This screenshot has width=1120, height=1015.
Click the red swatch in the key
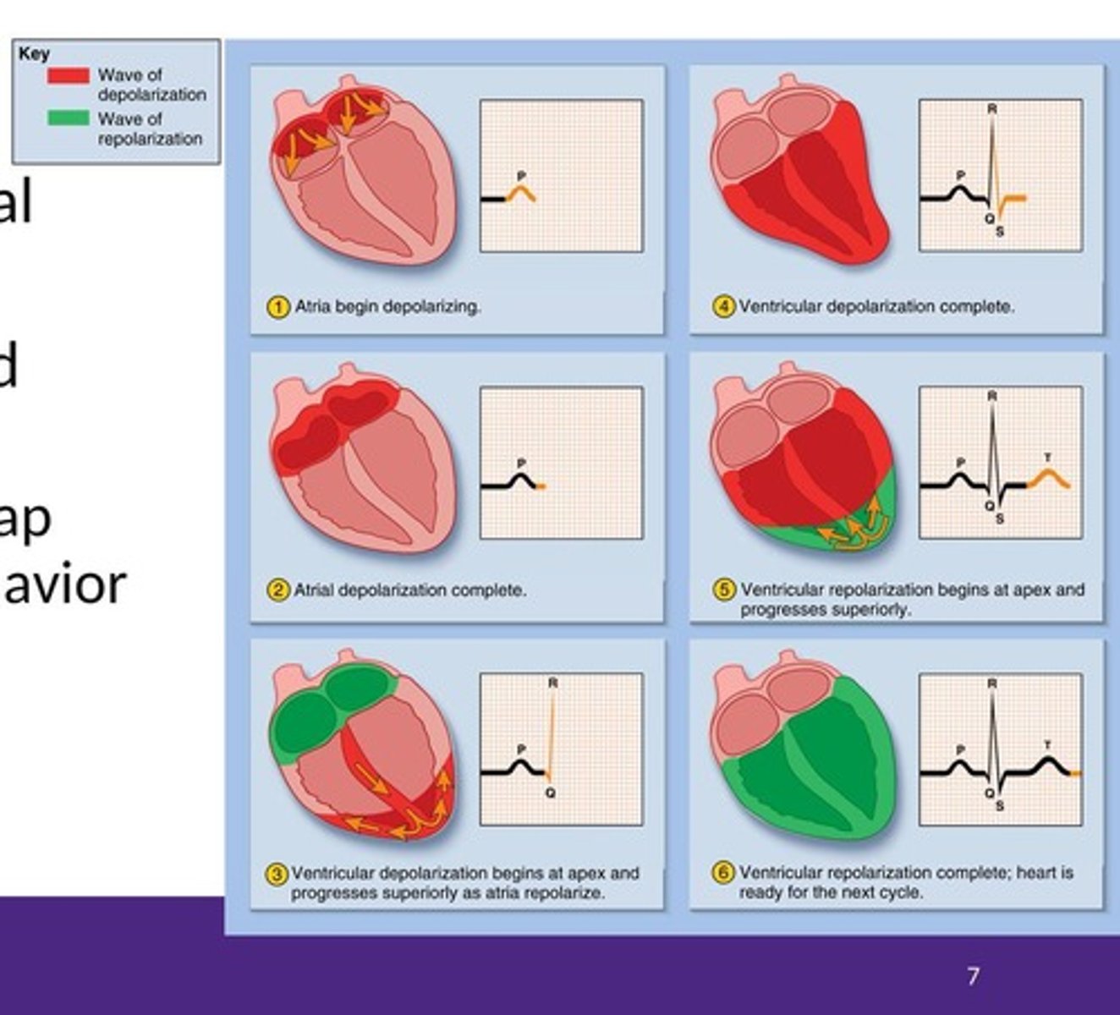pos(68,76)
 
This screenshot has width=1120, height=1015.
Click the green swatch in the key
pos(68,118)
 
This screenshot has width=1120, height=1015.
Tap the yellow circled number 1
pos(277,307)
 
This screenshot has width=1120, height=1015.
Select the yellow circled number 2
pos(277,590)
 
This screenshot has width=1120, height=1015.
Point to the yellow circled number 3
pos(277,874)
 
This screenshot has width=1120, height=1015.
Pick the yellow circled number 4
pos(723,307)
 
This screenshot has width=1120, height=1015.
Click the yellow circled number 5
pos(723,590)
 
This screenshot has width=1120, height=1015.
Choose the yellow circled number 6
pos(723,873)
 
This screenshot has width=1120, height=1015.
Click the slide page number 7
pos(973,976)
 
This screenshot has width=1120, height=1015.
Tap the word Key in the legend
pos(34,54)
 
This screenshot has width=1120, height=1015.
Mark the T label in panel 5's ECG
pos(1047,458)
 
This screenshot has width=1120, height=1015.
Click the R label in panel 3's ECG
pos(552,683)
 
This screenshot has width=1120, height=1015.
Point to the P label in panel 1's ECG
pos(521,176)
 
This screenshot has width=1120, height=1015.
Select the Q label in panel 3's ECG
pos(551,793)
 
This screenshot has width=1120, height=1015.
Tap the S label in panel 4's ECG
pos(999,232)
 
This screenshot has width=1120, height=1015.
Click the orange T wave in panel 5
pos(1049,477)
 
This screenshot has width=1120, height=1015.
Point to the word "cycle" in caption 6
pos(901,893)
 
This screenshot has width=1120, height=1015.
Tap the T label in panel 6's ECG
pos(1047,745)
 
